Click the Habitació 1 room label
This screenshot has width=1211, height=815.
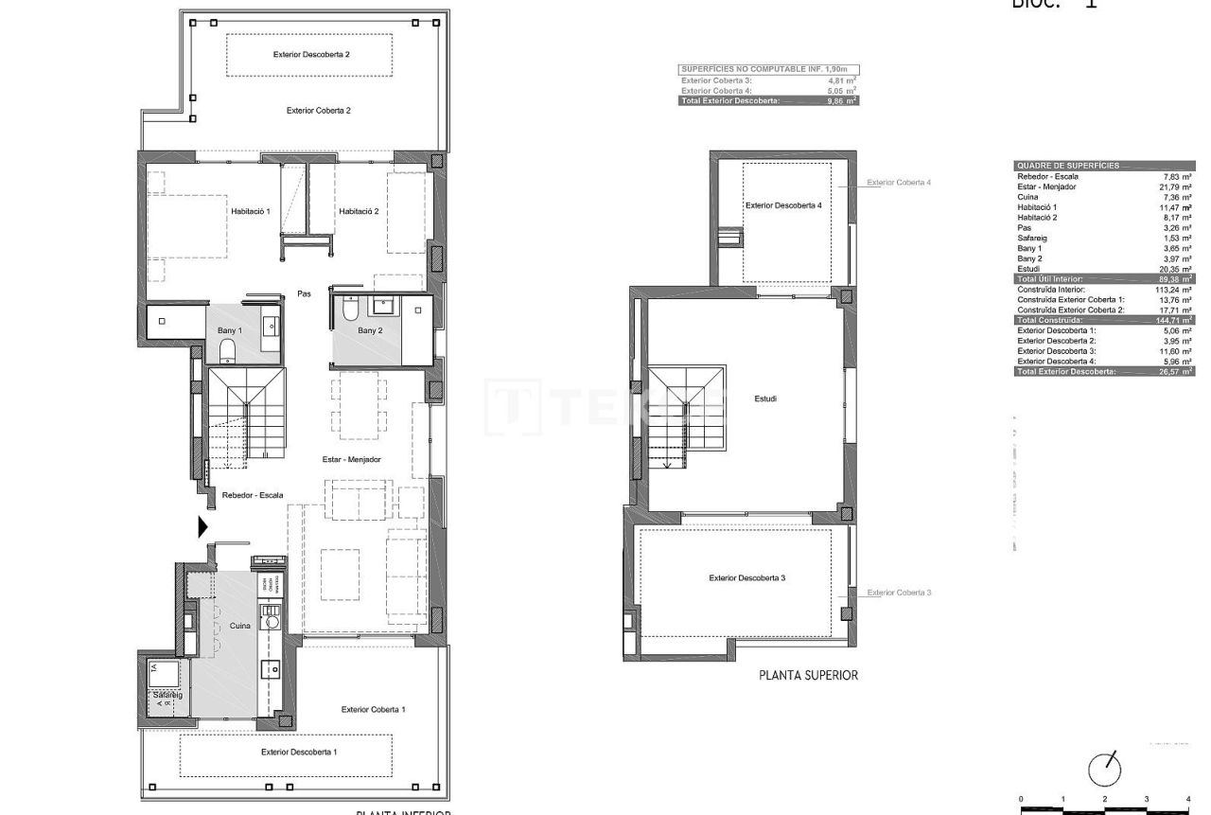pos(251,211)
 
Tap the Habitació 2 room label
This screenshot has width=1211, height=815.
pos(359,211)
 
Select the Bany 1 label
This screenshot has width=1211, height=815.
pos(229,330)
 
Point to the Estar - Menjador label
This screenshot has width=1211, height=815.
pos(351,459)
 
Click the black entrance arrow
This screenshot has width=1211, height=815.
pos(202,527)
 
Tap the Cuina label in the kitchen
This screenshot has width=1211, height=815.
pos(239,627)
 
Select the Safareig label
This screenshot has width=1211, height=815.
pos(167,695)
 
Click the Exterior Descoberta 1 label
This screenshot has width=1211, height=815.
pos(299,752)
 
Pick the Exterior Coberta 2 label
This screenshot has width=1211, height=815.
pos(319,111)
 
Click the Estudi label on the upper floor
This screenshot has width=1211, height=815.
pos(766,399)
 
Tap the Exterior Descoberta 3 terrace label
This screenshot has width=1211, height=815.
pos(746,577)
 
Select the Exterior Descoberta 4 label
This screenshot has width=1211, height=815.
pos(783,205)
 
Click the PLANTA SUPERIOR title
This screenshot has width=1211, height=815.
pos(808,676)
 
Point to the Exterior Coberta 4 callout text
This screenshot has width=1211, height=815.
pos(899,183)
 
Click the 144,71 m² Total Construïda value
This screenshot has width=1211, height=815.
pos(1174,321)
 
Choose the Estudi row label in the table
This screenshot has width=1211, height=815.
pos(1028,269)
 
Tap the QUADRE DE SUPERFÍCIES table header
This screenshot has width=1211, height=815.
pos(1067,166)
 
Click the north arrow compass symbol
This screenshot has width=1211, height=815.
pos(1105,770)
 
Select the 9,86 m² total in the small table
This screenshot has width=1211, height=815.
pos(841,100)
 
